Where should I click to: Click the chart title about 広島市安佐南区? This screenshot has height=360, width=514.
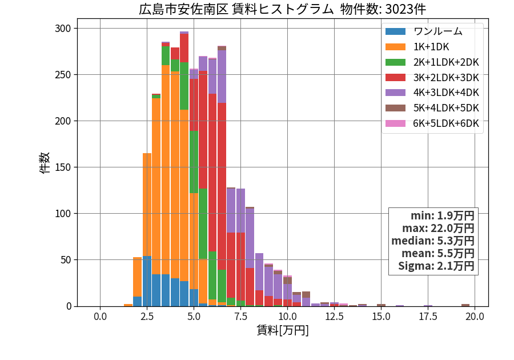coord(282,9)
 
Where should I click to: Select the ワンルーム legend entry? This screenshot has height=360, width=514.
coord(424,31)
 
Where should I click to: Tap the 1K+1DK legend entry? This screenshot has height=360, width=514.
coord(417,47)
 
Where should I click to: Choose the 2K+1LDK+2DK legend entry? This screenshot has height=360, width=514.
coord(432,62)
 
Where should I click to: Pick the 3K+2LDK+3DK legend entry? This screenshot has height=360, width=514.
coord(432,78)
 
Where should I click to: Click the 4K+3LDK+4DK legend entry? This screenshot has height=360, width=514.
coord(432,93)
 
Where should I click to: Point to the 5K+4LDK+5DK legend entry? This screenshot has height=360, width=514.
coord(432,108)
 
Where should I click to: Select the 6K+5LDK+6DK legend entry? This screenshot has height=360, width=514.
coord(432,123)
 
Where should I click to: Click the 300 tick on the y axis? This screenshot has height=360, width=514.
coord(63,29)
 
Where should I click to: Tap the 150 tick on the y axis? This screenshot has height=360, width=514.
coord(63,167)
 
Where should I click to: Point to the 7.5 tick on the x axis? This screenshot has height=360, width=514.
coord(240,317)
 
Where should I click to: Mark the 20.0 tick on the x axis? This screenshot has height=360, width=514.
coord(475,317)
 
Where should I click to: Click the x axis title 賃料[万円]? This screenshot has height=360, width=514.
coord(283,330)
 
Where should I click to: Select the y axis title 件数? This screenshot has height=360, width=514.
coord(45,163)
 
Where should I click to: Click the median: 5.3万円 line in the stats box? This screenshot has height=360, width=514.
coord(433,241)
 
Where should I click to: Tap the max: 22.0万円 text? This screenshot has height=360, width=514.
coord(438,229)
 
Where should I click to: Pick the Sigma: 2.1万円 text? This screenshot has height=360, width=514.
coord(436,266)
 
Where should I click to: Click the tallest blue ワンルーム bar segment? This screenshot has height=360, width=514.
coord(147,281)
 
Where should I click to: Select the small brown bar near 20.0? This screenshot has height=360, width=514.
coord(465,305)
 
